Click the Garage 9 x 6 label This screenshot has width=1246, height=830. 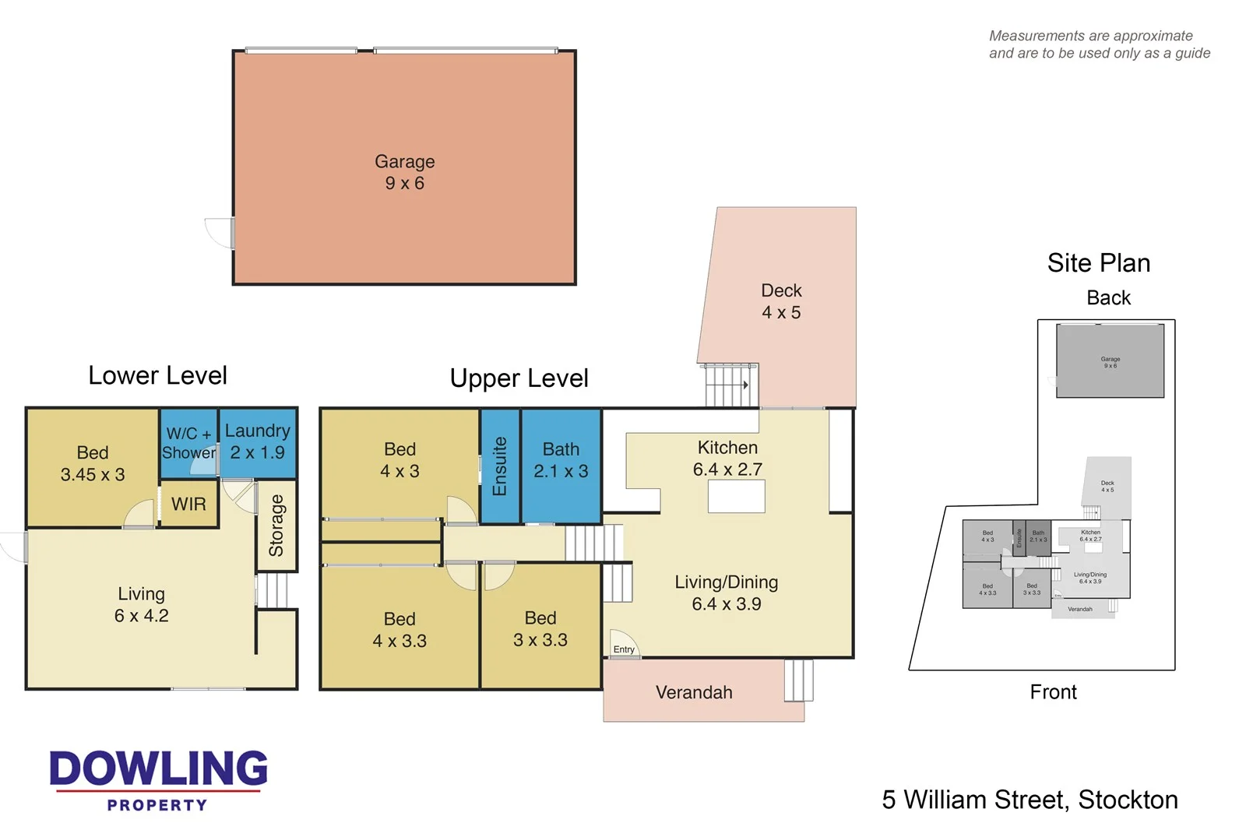[404, 172]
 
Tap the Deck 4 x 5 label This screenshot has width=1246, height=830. [781, 301]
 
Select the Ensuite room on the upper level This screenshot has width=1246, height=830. [500, 466]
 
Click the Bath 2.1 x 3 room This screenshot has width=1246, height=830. [561, 460]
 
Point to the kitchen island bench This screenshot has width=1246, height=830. [736, 496]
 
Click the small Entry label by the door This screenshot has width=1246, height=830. [624, 649]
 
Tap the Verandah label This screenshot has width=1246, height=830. [694, 692]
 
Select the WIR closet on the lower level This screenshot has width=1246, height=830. [188, 504]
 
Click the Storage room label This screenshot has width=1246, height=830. [276, 526]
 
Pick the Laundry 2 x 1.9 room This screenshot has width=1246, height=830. [258, 441]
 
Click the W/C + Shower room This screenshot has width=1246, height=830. [188, 443]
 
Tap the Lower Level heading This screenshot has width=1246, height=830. [157, 375]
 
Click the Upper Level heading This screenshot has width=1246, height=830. [519, 378]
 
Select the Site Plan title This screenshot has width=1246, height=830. [1098, 263]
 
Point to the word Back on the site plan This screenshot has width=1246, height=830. [1108, 297]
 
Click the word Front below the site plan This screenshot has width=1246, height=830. [1053, 691]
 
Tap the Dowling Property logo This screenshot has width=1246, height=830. [158, 779]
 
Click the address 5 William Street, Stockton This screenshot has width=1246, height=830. [1030, 800]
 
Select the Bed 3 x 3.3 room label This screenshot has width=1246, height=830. [540, 629]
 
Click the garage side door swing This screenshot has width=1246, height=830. [220, 233]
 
